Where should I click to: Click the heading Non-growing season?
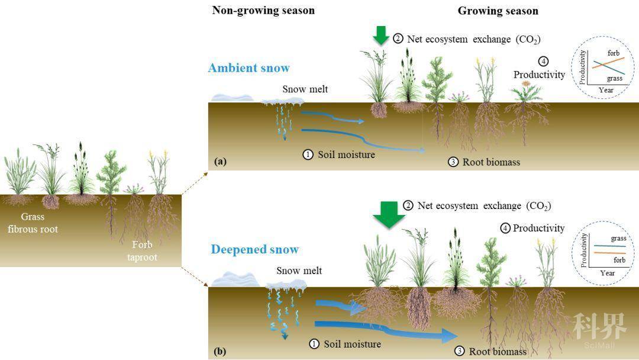click(x=263, y=11)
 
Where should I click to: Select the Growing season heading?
click(x=498, y=11)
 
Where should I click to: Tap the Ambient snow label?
click(x=249, y=67)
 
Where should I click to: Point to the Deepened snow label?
click(x=254, y=249)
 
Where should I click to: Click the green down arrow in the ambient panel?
click(x=381, y=35)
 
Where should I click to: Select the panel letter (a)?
click(x=220, y=162)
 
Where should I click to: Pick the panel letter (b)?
click(x=220, y=351)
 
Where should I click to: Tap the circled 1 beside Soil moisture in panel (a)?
click(x=308, y=155)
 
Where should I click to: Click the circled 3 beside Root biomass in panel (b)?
click(x=459, y=351)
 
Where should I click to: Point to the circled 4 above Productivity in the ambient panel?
click(x=543, y=61)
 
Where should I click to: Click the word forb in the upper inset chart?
click(x=614, y=53)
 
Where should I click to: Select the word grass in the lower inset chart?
click(x=618, y=239)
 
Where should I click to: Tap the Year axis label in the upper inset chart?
click(x=606, y=90)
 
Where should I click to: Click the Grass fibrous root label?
click(x=33, y=223)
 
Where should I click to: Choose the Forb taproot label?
click(x=142, y=250)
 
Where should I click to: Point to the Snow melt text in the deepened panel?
click(x=299, y=271)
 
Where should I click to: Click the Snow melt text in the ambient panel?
click(x=305, y=89)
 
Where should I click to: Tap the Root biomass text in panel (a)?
click(x=491, y=162)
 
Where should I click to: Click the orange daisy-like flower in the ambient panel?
click(x=526, y=83)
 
